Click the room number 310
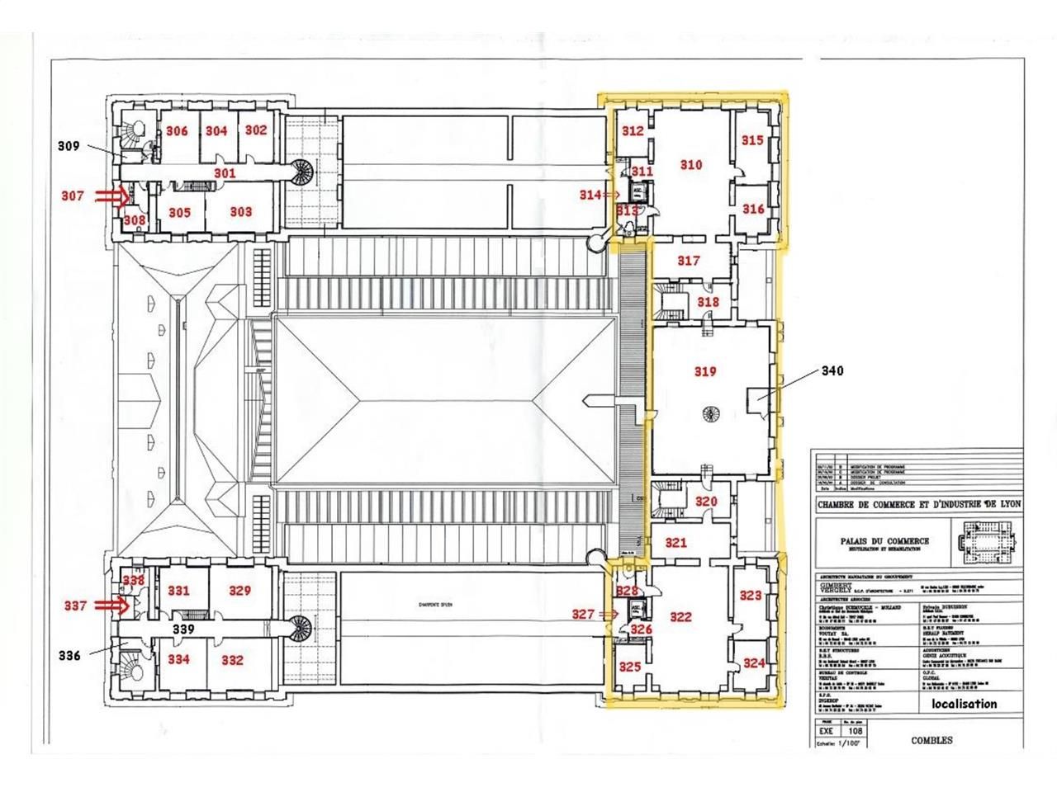(691, 165)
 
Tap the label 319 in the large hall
(704, 372)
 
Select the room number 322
(680, 617)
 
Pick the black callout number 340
(832, 370)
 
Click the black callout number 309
(69, 146)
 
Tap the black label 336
(69, 656)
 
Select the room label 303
(240, 212)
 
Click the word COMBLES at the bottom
(931, 740)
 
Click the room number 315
(752, 141)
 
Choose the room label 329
(239, 591)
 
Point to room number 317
(688, 261)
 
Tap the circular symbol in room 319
(709, 412)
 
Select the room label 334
(178, 659)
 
